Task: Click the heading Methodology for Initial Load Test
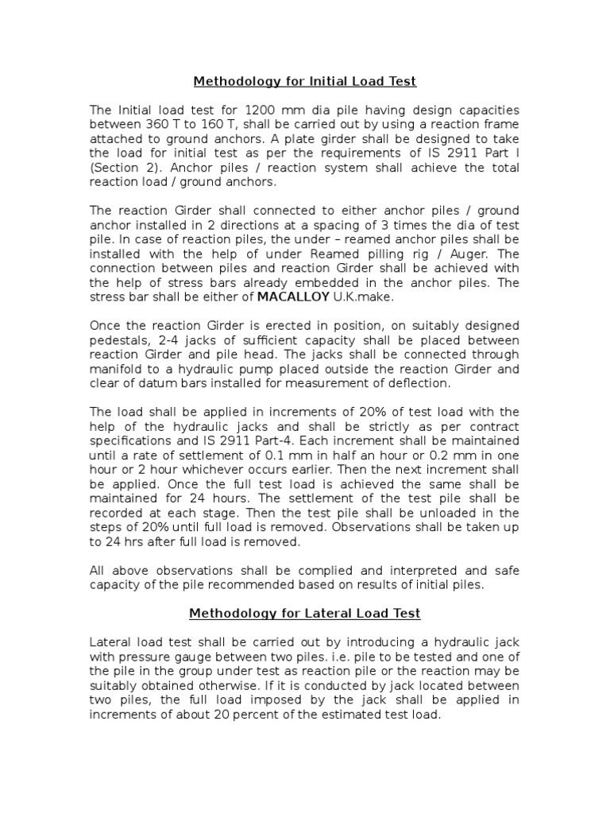pyautogui.click(x=306, y=81)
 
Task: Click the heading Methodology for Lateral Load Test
pyautogui.click(x=305, y=613)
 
